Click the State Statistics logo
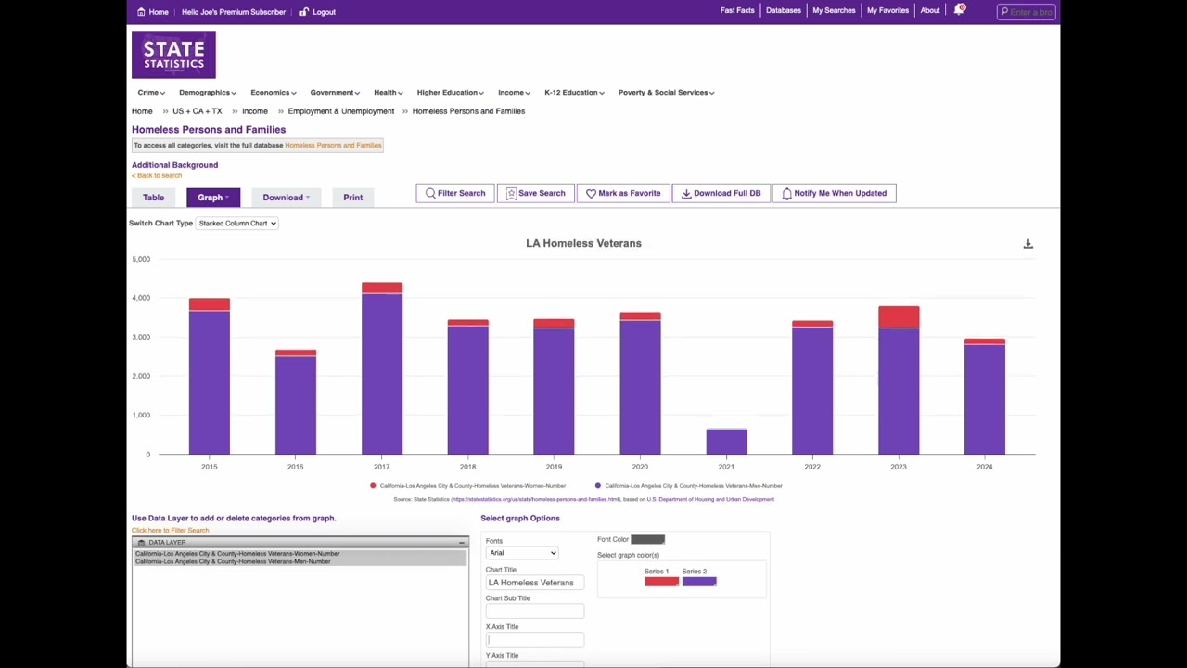[173, 55]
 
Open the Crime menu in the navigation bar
[150, 93]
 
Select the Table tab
[153, 198]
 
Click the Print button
[352, 198]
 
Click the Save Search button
[535, 193]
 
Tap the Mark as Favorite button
[623, 193]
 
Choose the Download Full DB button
[721, 193]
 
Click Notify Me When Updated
[834, 193]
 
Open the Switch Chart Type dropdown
[237, 224]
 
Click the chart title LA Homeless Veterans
[583, 243]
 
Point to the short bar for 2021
[726, 442]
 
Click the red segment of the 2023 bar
[899, 317]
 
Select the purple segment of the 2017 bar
[382, 371]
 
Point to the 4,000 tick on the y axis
[141, 298]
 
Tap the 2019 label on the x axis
[554, 467]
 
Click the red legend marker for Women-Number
[373, 486]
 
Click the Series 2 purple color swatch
[699, 582]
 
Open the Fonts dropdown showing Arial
[522, 553]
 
